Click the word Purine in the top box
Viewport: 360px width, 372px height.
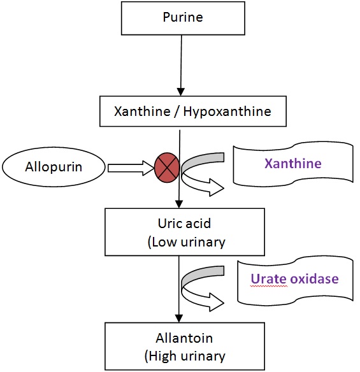(183, 17)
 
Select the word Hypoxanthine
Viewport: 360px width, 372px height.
(227, 111)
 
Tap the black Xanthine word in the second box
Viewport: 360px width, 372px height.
(142, 111)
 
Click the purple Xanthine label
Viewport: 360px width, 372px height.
(293, 163)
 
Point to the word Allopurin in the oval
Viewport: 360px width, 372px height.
(54, 166)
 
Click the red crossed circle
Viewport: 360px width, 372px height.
(167, 168)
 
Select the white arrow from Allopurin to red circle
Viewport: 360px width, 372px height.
(131, 168)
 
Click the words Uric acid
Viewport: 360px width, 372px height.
(184, 223)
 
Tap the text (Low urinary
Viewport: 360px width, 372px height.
(186, 243)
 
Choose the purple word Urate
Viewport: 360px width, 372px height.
(269, 279)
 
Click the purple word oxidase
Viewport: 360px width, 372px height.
(314, 279)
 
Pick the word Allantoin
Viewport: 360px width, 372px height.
(184, 338)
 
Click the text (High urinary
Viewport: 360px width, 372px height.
(185, 356)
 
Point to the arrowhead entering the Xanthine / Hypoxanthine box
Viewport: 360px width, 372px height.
(181, 92)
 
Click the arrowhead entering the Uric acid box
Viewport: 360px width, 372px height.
(179, 204)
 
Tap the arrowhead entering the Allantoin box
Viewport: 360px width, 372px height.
(178, 318)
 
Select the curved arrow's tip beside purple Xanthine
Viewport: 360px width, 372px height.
(224, 189)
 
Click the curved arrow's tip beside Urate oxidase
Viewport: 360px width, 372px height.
(224, 303)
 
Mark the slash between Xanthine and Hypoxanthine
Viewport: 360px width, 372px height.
(176, 111)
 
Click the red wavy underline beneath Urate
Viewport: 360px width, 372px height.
(269, 287)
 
